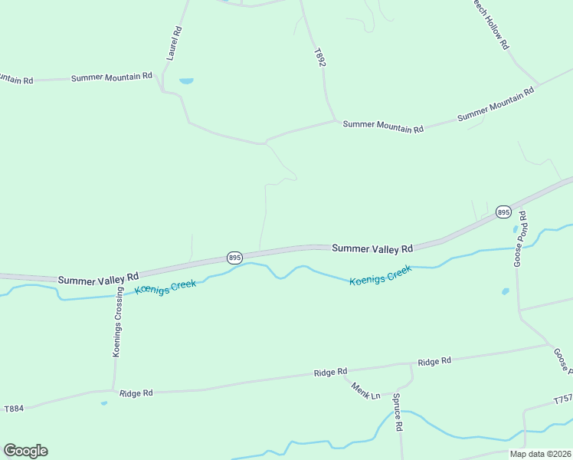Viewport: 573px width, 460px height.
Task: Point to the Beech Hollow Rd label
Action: click(x=490, y=22)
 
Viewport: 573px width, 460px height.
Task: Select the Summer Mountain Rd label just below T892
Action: click(x=383, y=127)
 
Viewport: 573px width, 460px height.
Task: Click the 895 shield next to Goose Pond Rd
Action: click(x=503, y=212)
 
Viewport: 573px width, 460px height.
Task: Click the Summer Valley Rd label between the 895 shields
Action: click(x=372, y=248)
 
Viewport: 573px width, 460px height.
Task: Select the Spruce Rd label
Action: click(x=398, y=412)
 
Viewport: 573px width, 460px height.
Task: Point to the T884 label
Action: click(x=14, y=409)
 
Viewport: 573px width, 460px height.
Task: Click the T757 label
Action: click(x=563, y=399)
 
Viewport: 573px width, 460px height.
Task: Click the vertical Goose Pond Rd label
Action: click(x=519, y=238)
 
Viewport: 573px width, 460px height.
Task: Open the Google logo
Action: click(x=25, y=451)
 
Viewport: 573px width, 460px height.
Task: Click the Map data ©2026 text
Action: click(x=540, y=454)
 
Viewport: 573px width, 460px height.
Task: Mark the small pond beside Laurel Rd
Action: click(x=186, y=80)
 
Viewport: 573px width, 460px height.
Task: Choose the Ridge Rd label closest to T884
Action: click(x=136, y=393)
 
